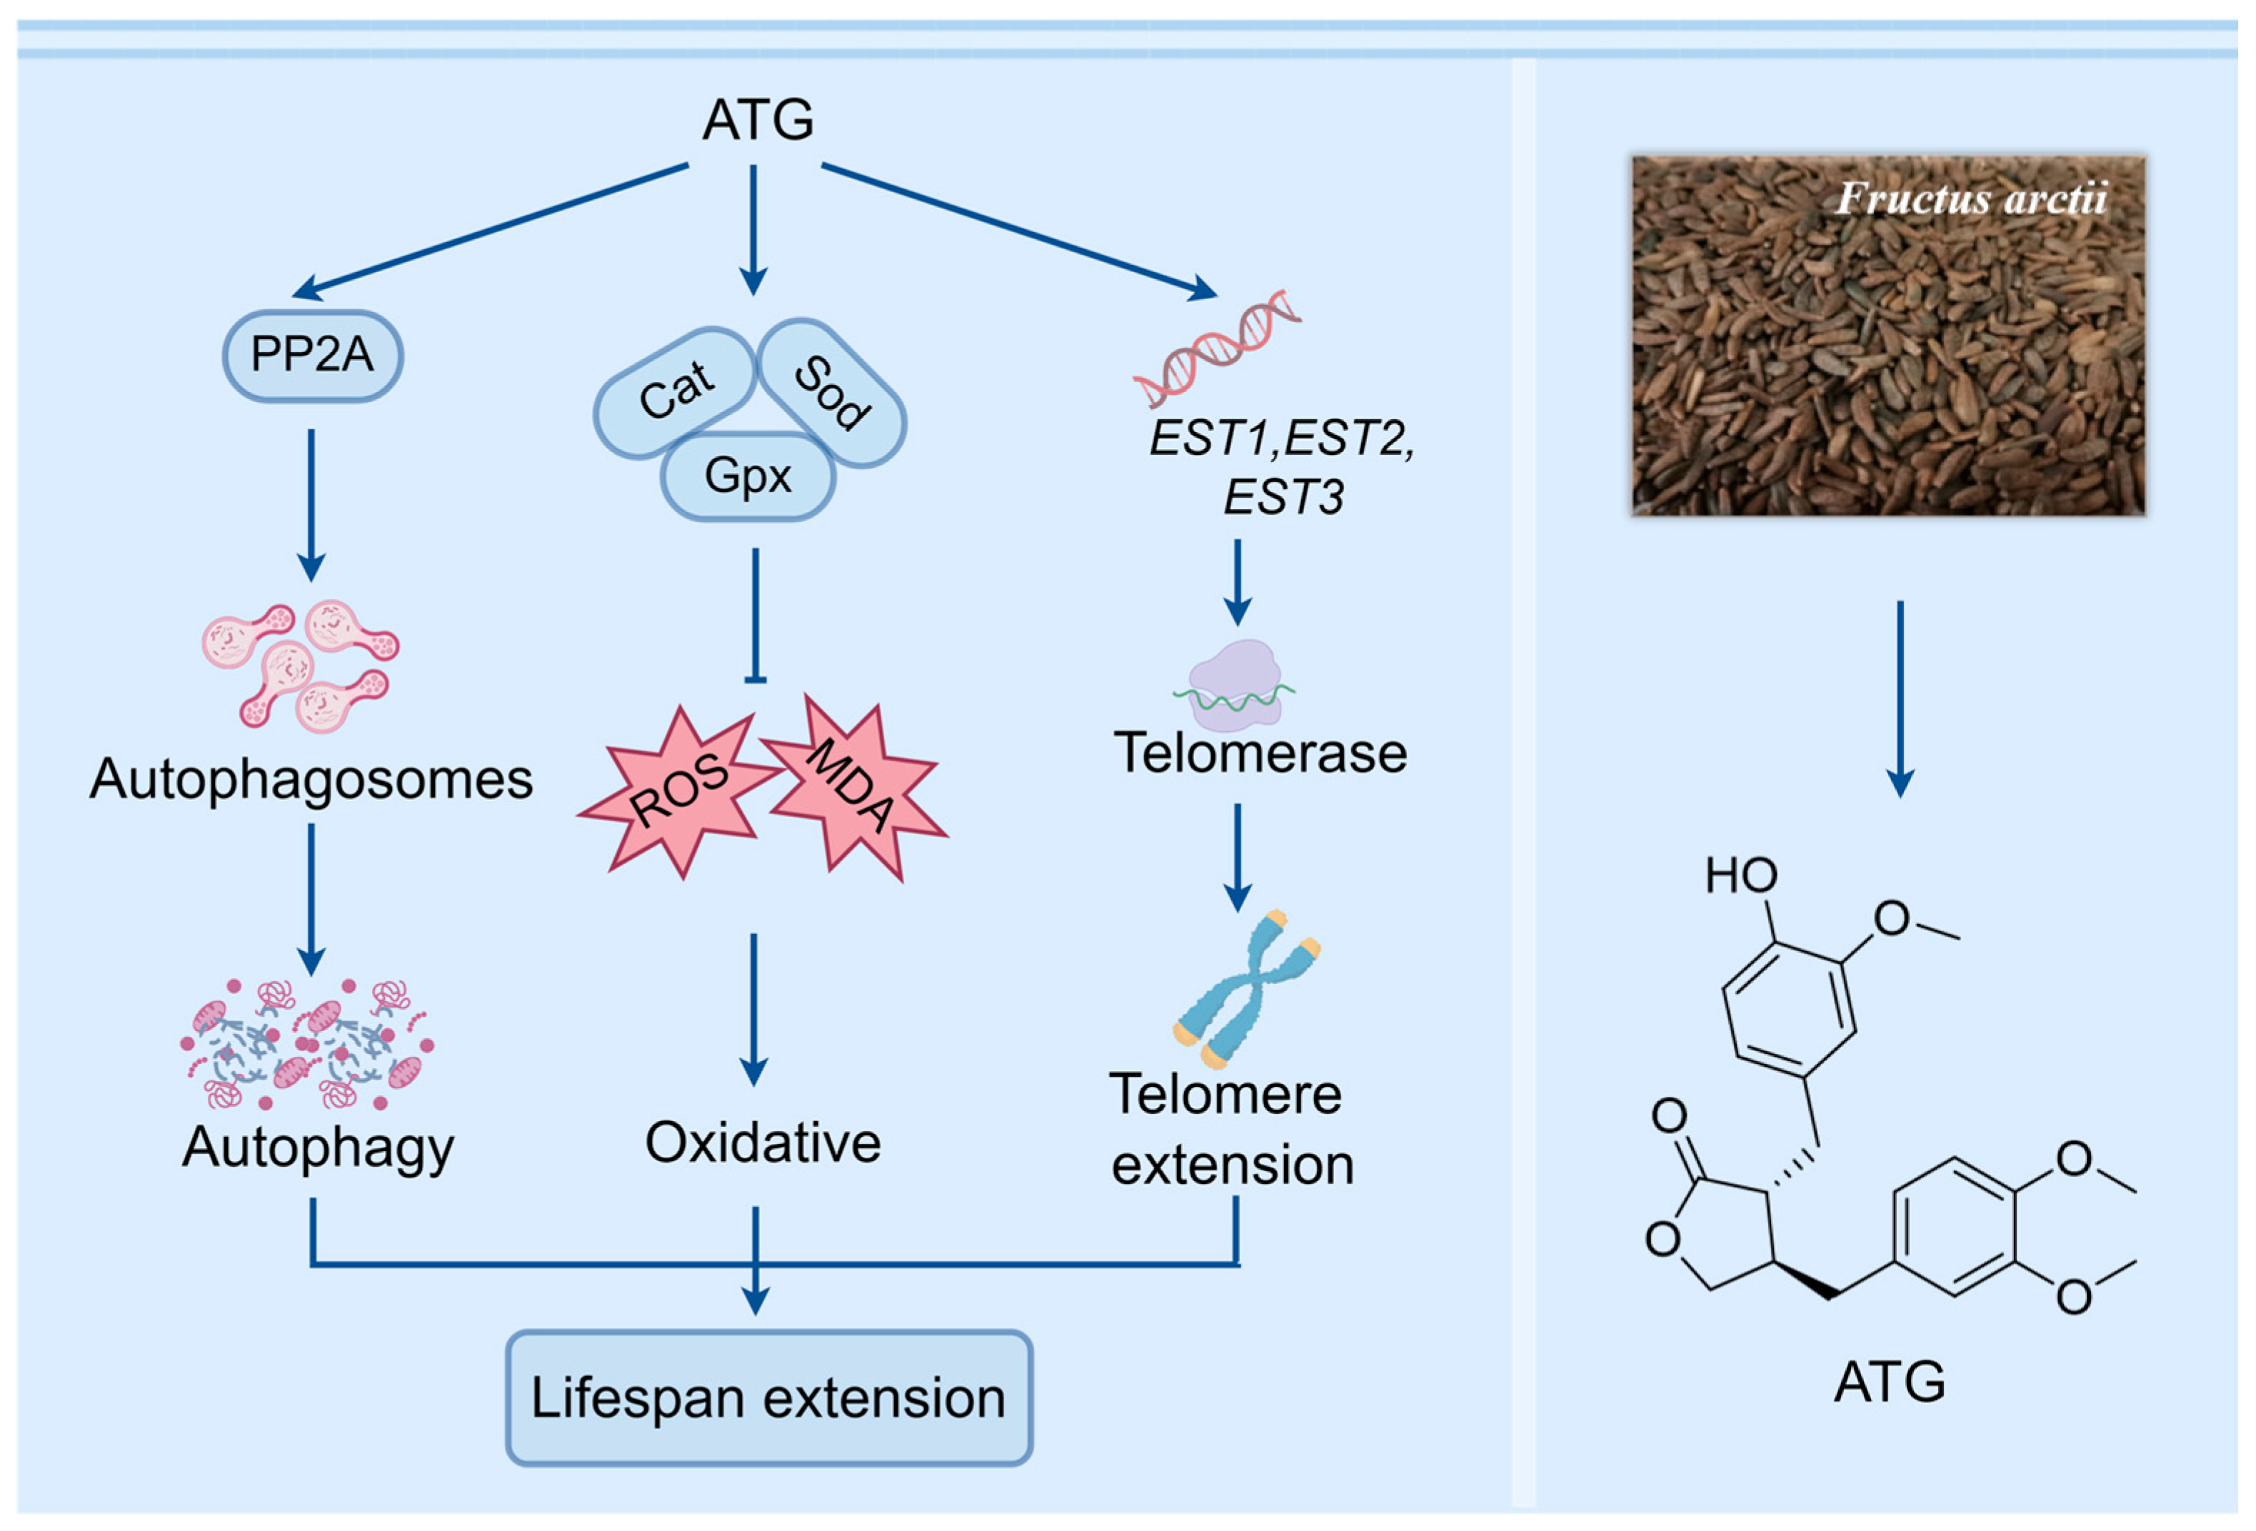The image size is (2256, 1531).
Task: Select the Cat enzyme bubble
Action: pos(675,391)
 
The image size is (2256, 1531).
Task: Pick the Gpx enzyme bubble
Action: pos(748,476)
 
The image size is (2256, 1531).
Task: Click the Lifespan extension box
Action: pos(768,1398)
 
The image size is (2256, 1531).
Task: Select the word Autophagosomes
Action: pos(311,778)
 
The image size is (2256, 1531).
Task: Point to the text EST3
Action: pos(1283,498)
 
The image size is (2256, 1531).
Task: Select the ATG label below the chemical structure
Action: pos(1889,1382)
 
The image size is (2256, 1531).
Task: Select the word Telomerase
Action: pos(1260,753)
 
